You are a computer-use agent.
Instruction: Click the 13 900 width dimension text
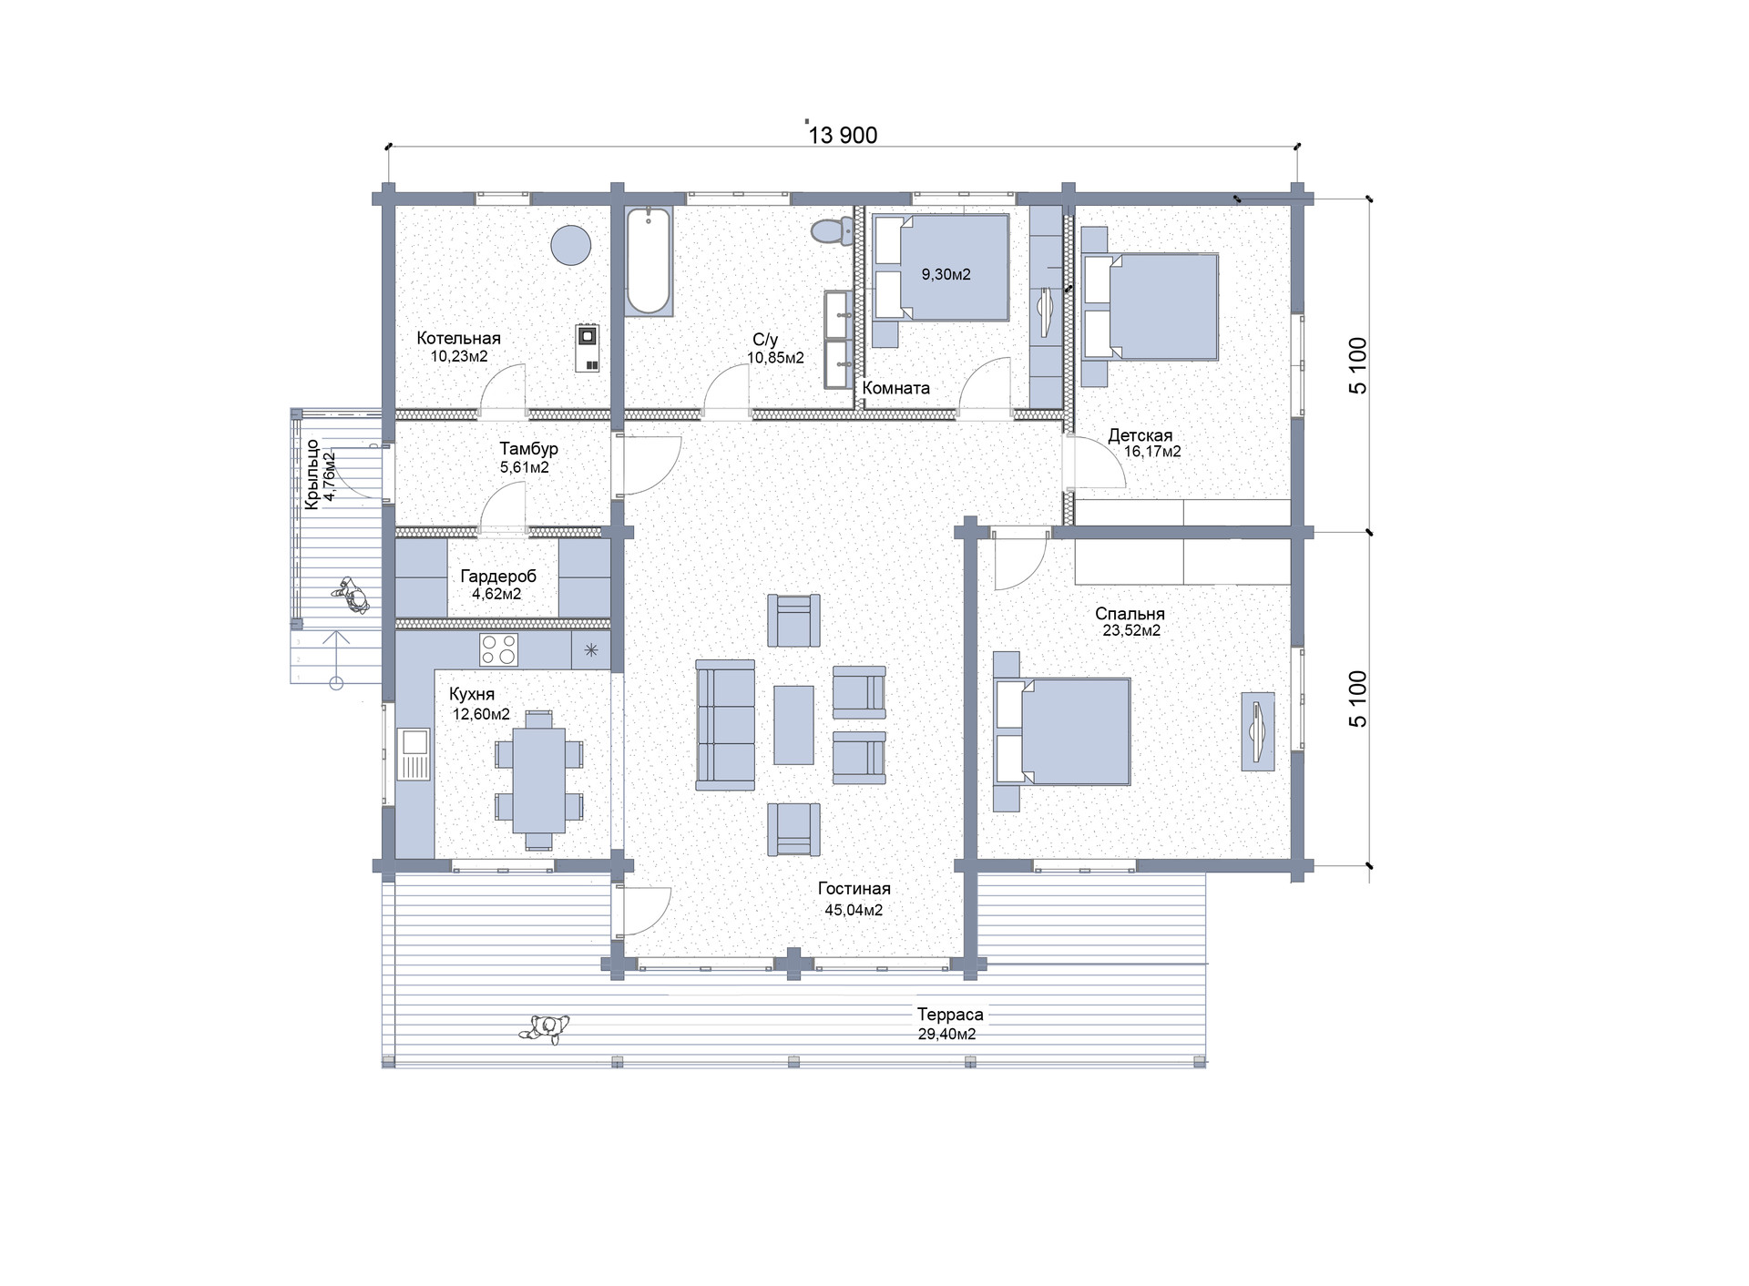(844, 136)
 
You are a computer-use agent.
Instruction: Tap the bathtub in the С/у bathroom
(649, 261)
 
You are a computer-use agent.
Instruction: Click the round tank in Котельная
(571, 244)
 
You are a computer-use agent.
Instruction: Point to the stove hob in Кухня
(499, 650)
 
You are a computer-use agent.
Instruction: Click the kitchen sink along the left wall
(415, 754)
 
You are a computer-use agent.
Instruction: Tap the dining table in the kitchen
(539, 781)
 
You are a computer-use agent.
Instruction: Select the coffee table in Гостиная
(793, 725)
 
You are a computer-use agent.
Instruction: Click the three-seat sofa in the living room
(726, 725)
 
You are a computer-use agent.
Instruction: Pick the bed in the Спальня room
(1062, 731)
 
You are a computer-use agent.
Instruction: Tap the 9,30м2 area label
(946, 274)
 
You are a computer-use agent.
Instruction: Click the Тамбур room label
(528, 449)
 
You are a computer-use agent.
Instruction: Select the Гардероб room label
(498, 577)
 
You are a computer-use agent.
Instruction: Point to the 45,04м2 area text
(852, 910)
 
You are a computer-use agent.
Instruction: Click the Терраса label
(950, 1015)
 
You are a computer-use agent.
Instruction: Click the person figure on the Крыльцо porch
(350, 596)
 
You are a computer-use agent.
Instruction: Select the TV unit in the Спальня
(1258, 731)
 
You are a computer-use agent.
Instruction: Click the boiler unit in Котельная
(588, 348)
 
